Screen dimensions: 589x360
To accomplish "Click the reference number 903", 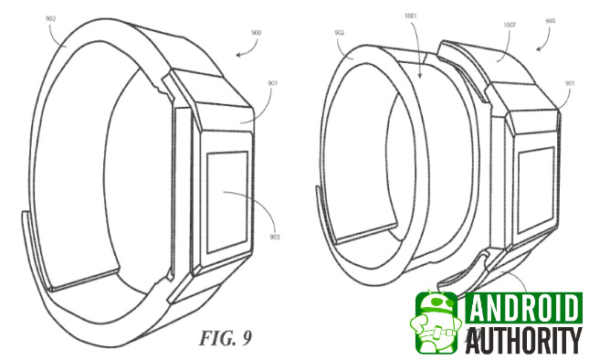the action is point(275,238).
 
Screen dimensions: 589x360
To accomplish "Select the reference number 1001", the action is point(411,16).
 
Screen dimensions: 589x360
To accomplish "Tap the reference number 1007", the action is point(510,26).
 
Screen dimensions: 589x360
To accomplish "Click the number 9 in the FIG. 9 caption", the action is point(247,338).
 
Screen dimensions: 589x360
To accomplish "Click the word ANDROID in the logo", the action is point(523,308).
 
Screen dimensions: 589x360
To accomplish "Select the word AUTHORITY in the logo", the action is point(523,340).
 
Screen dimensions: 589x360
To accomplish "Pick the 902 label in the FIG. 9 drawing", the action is point(51,18).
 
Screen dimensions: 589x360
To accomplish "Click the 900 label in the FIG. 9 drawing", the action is point(257,33).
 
